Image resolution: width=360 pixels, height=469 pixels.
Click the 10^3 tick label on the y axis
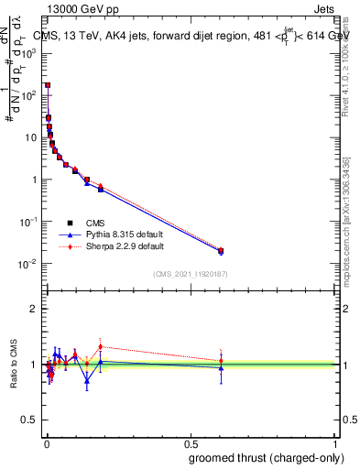point(27,53)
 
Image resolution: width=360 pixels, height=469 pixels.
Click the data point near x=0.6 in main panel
point(221,251)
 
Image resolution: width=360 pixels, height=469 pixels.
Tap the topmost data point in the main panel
point(48,84)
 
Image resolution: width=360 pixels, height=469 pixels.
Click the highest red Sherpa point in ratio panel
point(101,347)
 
